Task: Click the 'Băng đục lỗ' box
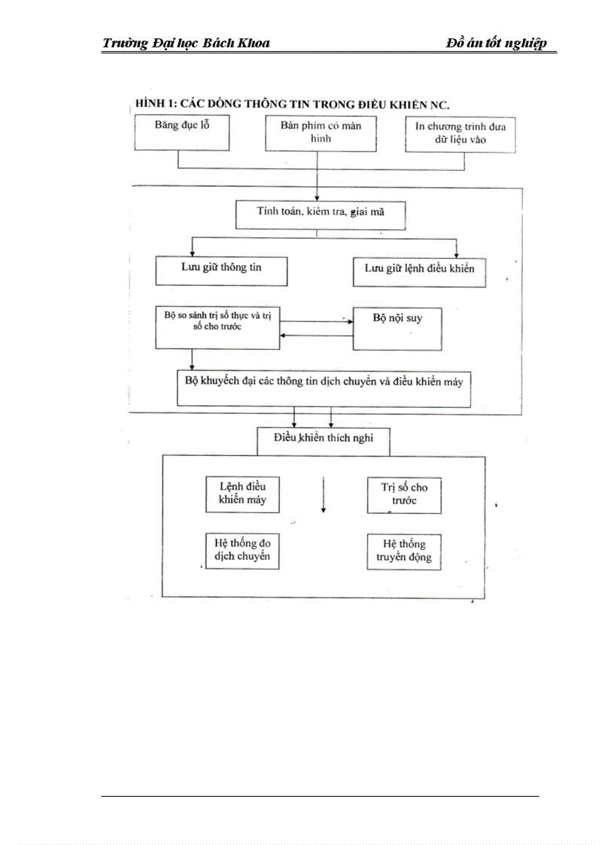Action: pyautogui.click(x=181, y=133)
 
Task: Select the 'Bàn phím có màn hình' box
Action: pyautogui.click(x=321, y=133)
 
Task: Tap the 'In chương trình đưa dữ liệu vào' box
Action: pyautogui.click(x=460, y=133)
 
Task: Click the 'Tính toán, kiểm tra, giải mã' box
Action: pyautogui.click(x=321, y=214)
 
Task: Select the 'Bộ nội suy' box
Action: pyautogui.click(x=397, y=327)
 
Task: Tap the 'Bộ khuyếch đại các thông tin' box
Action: pyautogui.click(x=324, y=388)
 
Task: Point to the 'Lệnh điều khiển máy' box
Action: pyautogui.click(x=242, y=493)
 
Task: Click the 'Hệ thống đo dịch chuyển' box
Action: pyautogui.click(x=242, y=551)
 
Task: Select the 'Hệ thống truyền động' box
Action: pyautogui.click(x=403, y=551)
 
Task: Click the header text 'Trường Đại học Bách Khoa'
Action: pyautogui.click(x=186, y=43)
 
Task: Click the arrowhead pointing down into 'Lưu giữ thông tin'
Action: pyautogui.click(x=193, y=252)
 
